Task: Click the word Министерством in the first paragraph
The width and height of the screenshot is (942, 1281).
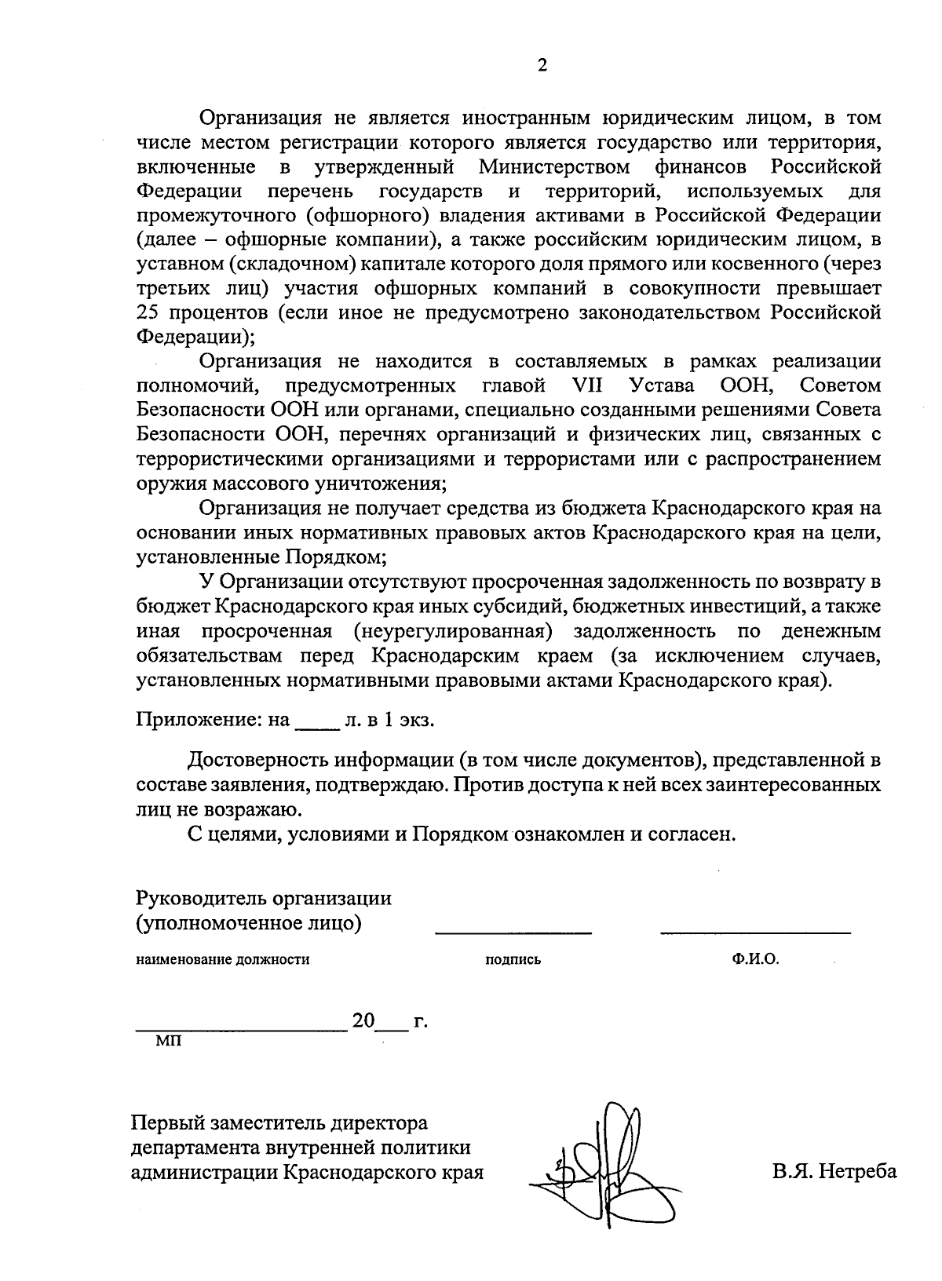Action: tap(554, 167)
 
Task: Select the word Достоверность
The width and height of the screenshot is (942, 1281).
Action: tap(257, 761)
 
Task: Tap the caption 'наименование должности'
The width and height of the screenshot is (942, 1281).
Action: tap(223, 959)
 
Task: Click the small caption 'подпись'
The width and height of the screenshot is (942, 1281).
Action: tap(513, 959)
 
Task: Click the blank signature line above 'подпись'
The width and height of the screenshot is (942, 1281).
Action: tap(513, 932)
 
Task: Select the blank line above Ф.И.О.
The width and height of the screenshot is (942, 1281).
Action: tap(755, 932)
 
